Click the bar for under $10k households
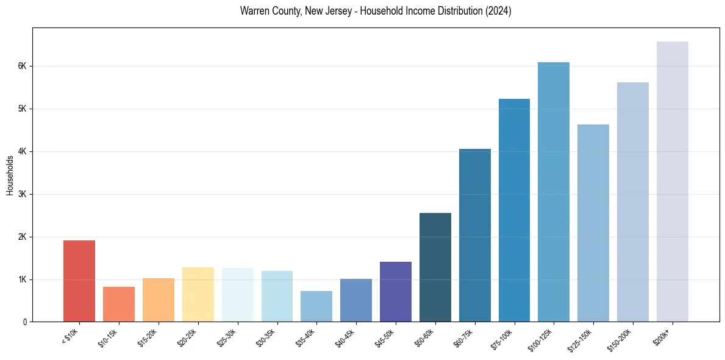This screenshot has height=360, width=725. (79, 281)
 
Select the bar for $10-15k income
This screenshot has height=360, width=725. (119, 304)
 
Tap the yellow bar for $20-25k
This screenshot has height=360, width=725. (198, 294)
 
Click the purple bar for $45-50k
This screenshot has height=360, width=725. (396, 292)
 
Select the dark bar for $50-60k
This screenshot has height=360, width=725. (435, 267)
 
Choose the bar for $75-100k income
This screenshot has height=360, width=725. (514, 210)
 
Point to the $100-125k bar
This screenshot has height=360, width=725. (554, 192)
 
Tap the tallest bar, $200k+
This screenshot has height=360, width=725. (673, 181)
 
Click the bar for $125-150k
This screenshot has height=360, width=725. (593, 223)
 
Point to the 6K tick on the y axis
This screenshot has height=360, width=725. (23, 66)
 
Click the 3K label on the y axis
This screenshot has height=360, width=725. (23, 194)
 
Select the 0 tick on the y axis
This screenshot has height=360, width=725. (25, 322)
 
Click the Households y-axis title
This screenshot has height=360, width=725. (10, 175)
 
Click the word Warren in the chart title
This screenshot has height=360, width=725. (254, 12)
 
